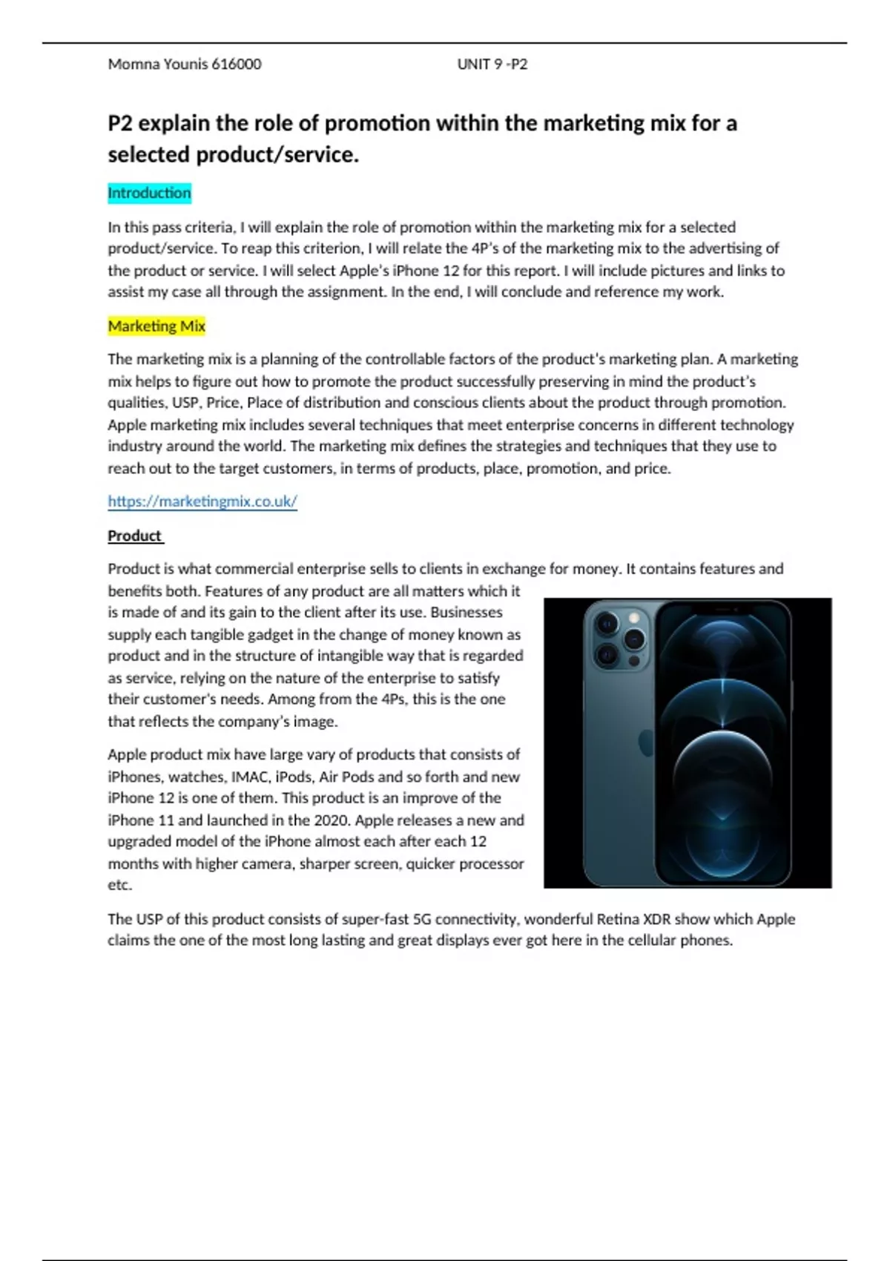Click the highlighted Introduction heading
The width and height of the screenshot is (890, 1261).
click(x=149, y=193)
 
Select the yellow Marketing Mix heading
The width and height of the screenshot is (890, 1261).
click(x=156, y=326)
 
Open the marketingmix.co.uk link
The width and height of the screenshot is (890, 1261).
click(x=202, y=501)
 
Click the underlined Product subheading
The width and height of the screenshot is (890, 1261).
click(x=134, y=536)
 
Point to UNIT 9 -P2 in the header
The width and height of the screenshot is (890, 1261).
click(x=492, y=64)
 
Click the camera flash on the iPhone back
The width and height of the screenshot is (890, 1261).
click(x=634, y=618)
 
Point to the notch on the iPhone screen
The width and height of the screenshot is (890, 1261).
click(x=722, y=609)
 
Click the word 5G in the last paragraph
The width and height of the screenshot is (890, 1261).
click(x=422, y=919)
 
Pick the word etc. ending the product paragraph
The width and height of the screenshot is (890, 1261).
click(x=119, y=885)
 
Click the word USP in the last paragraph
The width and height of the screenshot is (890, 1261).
click(x=149, y=919)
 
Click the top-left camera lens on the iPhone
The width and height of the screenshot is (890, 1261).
click(x=606, y=624)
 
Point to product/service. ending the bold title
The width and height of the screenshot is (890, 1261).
click(x=277, y=155)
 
